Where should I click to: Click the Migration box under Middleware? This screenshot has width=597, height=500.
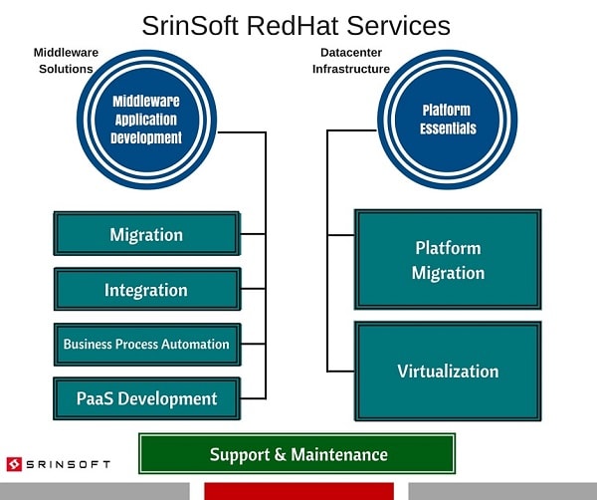coord(147,233)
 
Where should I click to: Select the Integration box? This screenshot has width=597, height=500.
coord(147,289)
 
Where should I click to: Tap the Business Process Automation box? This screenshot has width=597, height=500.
coord(147,345)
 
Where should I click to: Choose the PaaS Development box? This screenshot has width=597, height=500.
coord(147,398)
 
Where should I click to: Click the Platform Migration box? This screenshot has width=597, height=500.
coord(448,259)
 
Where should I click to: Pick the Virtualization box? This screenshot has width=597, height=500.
coord(448,372)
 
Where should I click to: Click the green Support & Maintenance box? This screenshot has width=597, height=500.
coord(297,453)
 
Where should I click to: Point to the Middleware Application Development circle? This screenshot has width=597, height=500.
coord(146,120)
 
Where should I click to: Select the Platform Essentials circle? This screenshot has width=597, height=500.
coord(448,120)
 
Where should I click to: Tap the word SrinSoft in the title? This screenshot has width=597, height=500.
coord(190,26)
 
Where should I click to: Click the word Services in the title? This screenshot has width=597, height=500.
coord(398,26)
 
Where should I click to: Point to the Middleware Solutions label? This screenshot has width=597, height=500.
coord(66,61)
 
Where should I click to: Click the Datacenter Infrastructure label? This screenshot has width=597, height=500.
coord(351,61)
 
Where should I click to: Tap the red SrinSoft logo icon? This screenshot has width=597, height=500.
coord(14,464)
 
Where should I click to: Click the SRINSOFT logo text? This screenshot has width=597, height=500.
coord(68,464)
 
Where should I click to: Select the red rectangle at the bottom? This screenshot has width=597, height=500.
coord(298,491)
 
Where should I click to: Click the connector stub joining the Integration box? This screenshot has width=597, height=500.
coord(253,289)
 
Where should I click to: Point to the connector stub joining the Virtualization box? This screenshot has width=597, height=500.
coord(340,371)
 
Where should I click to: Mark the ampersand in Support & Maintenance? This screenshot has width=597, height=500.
coord(280,454)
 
